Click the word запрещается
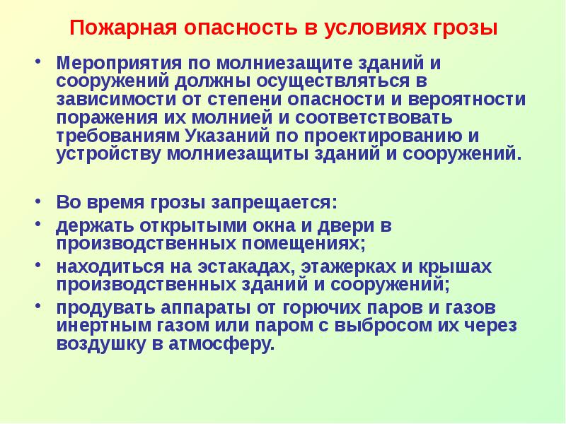tap(273, 202)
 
